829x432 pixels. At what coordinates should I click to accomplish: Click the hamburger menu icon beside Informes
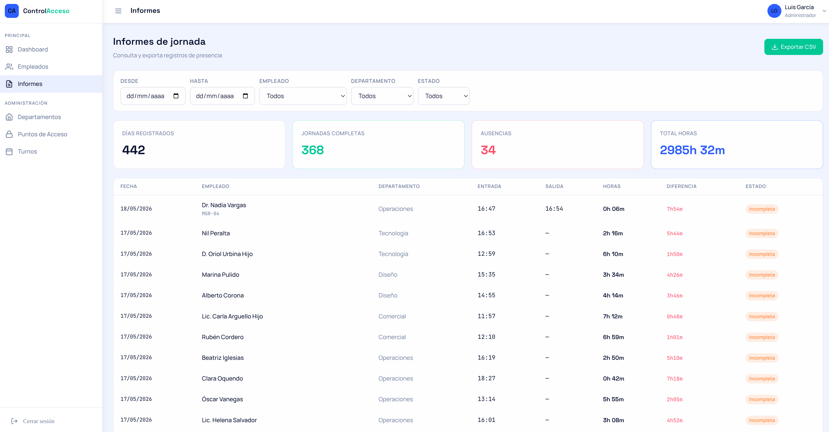click(x=118, y=11)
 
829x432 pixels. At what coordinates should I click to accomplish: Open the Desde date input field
click(x=153, y=96)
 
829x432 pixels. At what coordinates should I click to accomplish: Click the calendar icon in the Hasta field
click(x=245, y=96)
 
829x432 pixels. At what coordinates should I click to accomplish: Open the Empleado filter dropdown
click(x=303, y=96)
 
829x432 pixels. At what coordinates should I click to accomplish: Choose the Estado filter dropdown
click(x=443, y=96)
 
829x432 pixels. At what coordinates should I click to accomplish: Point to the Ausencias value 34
click(x=488, y=150)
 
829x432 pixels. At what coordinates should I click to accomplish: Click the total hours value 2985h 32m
click(x=692, y=150)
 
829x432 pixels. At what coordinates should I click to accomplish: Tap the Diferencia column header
click(x=681, y=186)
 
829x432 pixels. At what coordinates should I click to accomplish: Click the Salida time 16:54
click(x=554, y=209)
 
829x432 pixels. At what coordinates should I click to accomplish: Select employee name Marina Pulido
click(x=221, y=275)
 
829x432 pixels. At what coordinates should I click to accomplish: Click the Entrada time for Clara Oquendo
click(x=486, y=378)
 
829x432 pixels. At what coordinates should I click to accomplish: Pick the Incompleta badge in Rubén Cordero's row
click(x=762, y=337)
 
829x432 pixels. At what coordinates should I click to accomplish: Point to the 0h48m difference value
click(x=674, y=317)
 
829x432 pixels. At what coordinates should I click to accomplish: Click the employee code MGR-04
click(x=210, y=214)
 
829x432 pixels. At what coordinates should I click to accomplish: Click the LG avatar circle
click(x=774, y=11)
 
